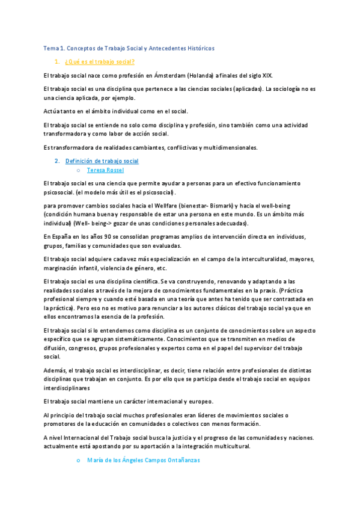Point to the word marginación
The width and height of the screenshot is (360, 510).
(x=63, y=268)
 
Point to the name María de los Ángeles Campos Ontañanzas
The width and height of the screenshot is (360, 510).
(x=143, y=460)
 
